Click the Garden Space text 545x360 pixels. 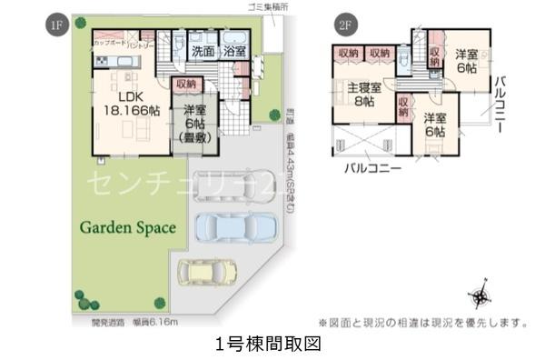coord(126,228)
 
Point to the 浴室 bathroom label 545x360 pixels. coord(234,52)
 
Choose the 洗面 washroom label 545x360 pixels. coord(203,52)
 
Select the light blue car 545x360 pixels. coord(233,225)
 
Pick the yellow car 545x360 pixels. coord(207,271)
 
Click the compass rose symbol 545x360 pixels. coord(481,296)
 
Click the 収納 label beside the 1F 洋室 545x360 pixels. coord(186,85)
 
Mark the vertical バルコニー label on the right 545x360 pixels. coord(500,105)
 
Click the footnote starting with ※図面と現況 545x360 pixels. coord(423,322)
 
